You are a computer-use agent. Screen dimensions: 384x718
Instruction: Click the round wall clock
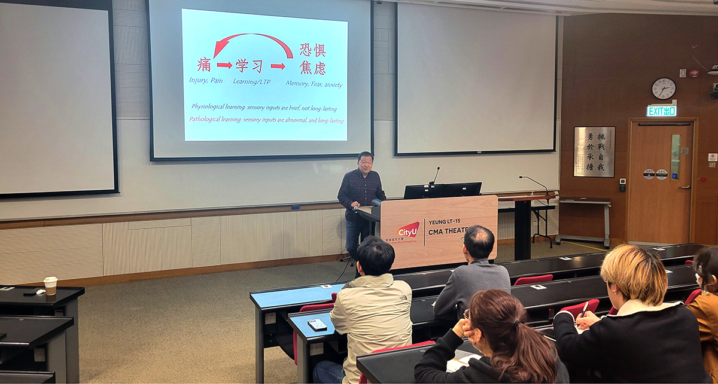664,89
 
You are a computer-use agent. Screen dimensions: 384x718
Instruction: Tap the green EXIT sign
662,111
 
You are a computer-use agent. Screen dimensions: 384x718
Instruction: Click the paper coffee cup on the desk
51,285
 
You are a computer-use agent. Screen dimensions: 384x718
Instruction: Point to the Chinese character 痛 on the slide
203,65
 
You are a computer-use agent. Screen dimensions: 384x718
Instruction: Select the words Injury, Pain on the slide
205,80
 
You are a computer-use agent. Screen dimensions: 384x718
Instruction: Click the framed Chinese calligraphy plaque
594,152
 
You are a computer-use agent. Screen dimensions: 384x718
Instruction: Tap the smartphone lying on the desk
317,324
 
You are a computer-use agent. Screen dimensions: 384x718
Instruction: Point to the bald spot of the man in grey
480,234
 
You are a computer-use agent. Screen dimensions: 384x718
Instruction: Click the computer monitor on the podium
443,190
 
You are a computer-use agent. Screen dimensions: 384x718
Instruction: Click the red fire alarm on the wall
693,73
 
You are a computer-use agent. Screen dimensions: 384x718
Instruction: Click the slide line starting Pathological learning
266,120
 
